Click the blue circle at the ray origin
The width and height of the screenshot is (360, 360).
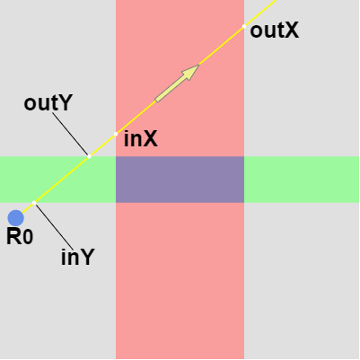pos(15,217)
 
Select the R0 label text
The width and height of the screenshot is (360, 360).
pos(20,237)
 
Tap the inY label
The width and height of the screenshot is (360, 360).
pos(78,257)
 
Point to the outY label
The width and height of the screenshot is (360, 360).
pos(48,103)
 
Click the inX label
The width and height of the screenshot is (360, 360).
pos(141,139)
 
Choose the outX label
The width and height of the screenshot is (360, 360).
pos(275,31)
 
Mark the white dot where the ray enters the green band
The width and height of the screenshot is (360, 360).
pos(34,203)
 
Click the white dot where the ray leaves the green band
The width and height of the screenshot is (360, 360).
pos(89,156)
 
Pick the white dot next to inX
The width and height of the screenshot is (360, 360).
pos(116,134)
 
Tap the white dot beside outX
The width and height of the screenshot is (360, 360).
pos(244,26)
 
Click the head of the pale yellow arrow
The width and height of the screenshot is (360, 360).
pos(198,65)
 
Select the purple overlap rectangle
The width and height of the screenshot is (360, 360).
pos(180,180)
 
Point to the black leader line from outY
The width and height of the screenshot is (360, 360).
pos(70,134)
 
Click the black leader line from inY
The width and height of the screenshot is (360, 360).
pos(55,226)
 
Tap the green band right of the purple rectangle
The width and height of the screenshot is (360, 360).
pos(302,180)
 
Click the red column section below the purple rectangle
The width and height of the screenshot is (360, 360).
pos(180,281)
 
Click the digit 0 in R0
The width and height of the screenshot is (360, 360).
pos(28,237)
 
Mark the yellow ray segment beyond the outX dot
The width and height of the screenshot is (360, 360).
pos(260,13)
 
